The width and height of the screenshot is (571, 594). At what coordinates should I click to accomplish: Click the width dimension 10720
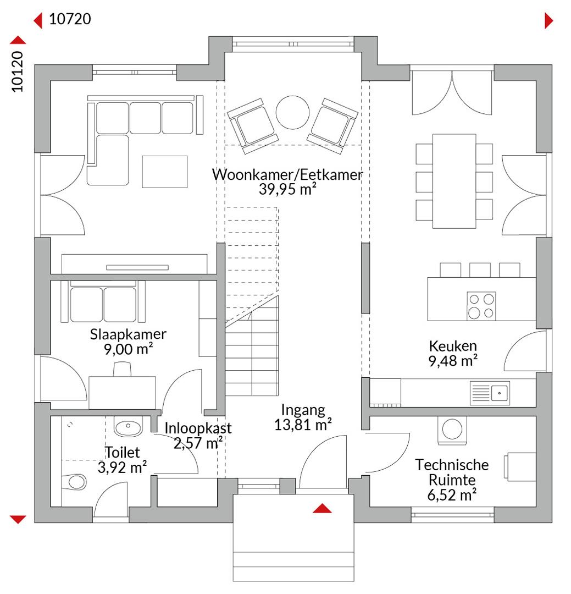point(70,19)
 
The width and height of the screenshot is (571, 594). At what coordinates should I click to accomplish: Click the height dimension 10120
point(18,71)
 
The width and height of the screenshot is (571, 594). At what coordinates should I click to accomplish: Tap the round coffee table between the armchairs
point(292,113)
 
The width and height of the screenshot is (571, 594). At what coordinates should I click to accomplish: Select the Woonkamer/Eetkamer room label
point(287,175)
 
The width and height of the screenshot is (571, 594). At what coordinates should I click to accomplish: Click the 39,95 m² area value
point(287,189)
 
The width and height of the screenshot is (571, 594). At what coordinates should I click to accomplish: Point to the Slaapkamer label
point(128,334)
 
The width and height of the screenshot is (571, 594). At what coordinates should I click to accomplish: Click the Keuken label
point(452,346)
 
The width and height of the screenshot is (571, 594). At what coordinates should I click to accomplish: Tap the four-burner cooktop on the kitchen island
point(481,306)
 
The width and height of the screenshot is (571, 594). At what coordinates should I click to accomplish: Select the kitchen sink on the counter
point(490,393)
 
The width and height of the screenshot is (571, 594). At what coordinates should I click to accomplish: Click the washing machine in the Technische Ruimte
point(452,430)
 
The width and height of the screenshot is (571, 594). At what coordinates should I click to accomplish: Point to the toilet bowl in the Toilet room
point(75,482)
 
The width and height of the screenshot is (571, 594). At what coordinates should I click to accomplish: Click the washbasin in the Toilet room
point(129,427)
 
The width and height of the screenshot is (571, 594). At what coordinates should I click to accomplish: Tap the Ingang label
point(303,410)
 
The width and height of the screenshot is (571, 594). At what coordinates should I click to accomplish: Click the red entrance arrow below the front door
point(322,508)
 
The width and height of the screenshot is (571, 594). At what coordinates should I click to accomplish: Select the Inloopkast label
point(198,428)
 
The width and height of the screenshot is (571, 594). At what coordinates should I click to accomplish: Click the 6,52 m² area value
point(452,495)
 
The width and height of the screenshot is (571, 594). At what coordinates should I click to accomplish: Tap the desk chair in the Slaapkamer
point(123,369)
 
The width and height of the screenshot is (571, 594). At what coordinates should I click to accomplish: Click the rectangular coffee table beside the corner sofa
point(165,172)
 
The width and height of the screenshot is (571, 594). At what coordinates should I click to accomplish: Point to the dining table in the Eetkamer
point(454,181)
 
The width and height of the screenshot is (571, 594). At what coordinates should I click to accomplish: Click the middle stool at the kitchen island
point(480,270)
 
